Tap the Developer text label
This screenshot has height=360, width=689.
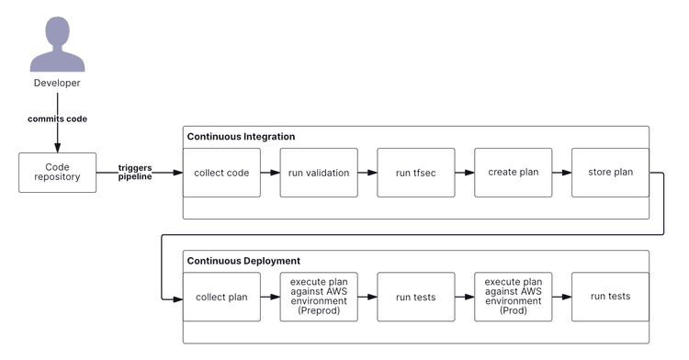pos(57,84)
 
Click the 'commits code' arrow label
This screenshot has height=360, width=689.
pos(57,118)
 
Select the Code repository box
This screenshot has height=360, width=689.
pos(57,172)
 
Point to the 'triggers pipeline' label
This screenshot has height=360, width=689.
pos(135,173)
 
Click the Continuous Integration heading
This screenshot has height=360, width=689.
pos(241,137)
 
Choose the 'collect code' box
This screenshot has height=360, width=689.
pos(220,172)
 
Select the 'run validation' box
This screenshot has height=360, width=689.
pos(318,172)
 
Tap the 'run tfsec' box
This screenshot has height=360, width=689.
pos(415,172)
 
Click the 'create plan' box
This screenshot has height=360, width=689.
pos(513,172)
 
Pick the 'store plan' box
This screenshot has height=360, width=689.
pos(610,172)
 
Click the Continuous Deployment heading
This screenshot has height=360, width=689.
pos(243,261)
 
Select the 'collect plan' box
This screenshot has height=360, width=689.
pos(220,297)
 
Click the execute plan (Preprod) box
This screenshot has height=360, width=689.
pos(318,297)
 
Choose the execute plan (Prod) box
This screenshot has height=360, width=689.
pos(513,297)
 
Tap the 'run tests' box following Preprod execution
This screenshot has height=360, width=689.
pos(415,297)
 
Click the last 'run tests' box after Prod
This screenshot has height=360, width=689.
pos(610,297)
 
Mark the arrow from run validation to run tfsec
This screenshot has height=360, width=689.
pos(367,172)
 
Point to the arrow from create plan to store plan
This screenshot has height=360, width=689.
pos(561,172)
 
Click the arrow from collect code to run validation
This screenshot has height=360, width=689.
pos(269,172)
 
